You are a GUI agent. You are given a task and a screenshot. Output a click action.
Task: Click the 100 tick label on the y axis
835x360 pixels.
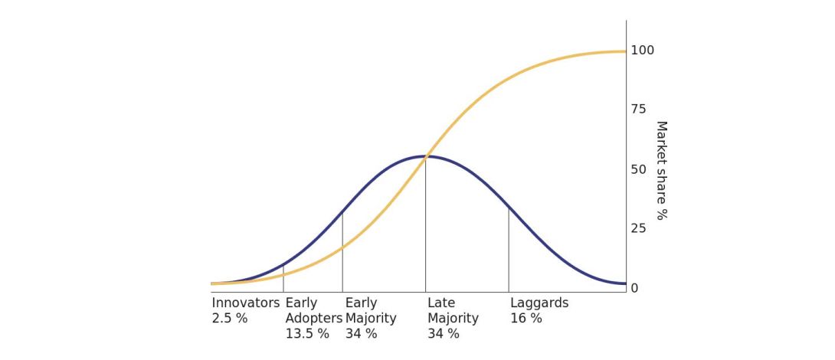coord(642,51)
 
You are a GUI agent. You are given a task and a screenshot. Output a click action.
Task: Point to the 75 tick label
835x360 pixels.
coord(638,110)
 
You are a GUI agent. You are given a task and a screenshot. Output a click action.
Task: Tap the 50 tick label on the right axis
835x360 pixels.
coord(638,169)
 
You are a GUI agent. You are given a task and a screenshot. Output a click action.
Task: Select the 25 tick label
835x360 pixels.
coord(638,228)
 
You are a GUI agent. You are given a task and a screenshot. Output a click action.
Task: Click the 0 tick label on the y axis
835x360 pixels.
coord(634,288)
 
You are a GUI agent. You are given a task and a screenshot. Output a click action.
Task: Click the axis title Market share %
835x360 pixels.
coord(661,170)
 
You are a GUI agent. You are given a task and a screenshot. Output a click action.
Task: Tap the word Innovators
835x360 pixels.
coord(246,303)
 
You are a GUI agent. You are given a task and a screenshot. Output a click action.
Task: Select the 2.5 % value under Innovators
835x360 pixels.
coord(230,318)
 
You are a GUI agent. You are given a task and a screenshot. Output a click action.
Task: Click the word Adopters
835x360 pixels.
coord(314,318)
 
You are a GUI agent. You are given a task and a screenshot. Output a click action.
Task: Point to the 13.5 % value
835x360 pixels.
coord(307,333)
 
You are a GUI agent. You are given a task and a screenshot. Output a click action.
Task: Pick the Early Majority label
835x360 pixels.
coord(371,310)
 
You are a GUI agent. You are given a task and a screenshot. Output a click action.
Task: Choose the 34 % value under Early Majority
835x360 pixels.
coord(361,333)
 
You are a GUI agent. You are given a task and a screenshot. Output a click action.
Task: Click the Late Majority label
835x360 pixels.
coord(453,310)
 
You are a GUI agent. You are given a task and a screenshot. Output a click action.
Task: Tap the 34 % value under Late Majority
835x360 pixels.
coord(444,333)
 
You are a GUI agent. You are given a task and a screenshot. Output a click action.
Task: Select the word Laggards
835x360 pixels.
coord(539,303)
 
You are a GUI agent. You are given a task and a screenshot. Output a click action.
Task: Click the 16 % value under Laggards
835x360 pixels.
coord(526,318)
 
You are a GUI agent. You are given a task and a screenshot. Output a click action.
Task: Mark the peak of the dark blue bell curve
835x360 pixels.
coord(425,156)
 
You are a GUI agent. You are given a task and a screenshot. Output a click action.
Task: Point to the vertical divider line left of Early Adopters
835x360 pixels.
coord(283,277)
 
